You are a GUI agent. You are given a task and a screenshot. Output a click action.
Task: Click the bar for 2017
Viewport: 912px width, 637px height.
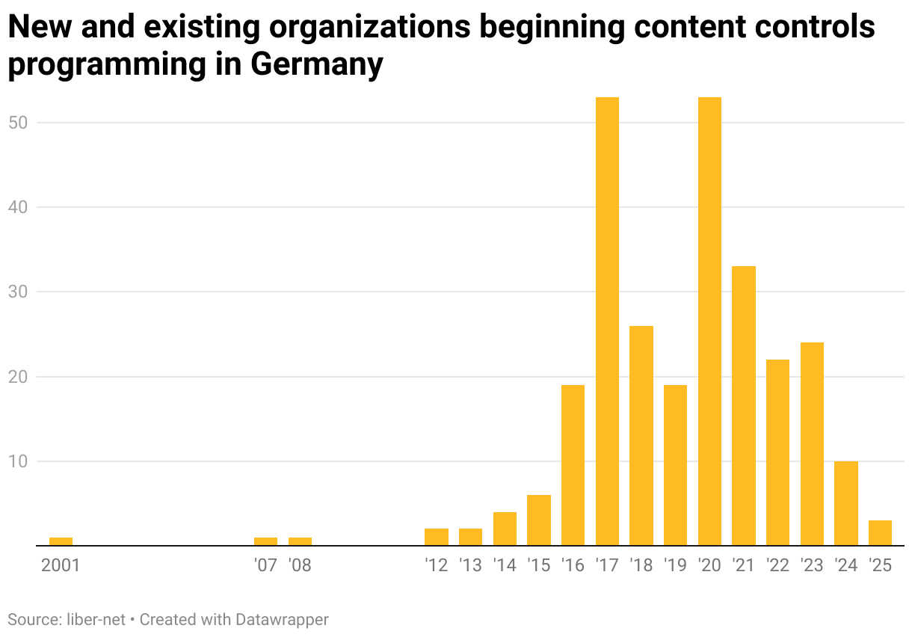(x=607, y=321)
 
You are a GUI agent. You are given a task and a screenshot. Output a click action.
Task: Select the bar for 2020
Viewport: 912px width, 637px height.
(x=709, y=321)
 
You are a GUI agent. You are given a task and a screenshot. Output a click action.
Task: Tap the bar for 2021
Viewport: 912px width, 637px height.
(x=744, y=406)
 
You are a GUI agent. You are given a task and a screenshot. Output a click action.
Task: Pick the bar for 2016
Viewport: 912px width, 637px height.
(x=573, y=465)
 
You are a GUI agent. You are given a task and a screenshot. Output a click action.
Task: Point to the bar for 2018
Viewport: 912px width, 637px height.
(x=641, y=436)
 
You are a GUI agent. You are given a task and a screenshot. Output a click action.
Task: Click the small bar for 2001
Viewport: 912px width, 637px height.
(x=61, y=541)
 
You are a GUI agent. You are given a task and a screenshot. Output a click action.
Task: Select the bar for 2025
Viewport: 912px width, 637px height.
(x=880, y=533)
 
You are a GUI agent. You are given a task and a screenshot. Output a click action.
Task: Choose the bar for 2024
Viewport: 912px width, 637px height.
(x=846, y=503)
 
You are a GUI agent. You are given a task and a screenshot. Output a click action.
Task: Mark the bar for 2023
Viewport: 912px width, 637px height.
(x=812, y=444)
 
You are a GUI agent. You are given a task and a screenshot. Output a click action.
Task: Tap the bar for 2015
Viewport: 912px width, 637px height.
(x=539, y=520)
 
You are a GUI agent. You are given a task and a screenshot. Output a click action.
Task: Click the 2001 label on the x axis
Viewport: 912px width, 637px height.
(x=61, y=565)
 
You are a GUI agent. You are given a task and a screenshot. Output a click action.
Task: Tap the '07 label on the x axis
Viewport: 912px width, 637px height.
(x=265, y=565)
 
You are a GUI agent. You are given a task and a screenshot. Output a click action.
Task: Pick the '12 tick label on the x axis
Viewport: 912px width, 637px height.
(x=436, y=565)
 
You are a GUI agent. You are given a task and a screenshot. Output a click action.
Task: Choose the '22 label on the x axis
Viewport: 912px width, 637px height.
(x=777, y=565)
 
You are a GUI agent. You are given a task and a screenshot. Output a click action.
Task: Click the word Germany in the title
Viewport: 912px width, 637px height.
(x=316, y=64)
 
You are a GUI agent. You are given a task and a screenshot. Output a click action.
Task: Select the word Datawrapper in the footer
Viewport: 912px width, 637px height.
(x=282, y=620)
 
